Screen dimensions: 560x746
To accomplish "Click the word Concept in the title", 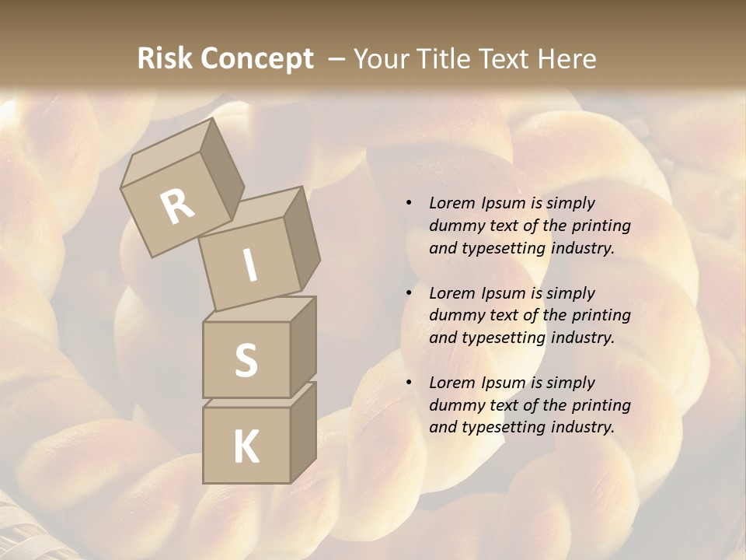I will click(258, 60).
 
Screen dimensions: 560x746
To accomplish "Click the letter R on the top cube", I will click(177, 206).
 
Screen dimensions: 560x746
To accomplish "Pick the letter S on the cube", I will click(246, 360).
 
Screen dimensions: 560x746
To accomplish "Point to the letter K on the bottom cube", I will click(246, 447).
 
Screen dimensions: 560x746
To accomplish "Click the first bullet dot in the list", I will click(409, 203).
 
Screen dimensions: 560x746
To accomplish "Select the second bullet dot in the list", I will click(409, 293).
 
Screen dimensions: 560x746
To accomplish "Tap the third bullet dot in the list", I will click(409, 383).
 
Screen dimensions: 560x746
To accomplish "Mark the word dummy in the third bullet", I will click(453, 405).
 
